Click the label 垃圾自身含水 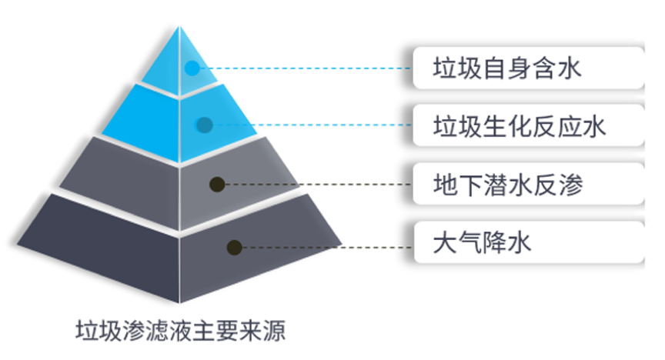[x=506, y=68]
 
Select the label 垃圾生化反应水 [x=519, y=126]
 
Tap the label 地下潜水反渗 [x=508, y=185]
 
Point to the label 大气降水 [x=482, y=243]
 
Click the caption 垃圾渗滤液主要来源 [x=181, y=331]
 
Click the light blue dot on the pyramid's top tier [x=192, y=68]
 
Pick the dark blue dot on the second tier [x=205, y=125]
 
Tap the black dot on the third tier [x=217, y=185]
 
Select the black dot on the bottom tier [x=235, y=247]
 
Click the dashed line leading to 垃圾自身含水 [x=306, y=68]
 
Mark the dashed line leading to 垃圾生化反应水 [x=312, y=125]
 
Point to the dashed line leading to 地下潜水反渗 [x=318, y=185]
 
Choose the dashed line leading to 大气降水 [x=327, y=247]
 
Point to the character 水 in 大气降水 [x=519, y=243]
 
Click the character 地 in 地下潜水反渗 [x=444, y=185]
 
